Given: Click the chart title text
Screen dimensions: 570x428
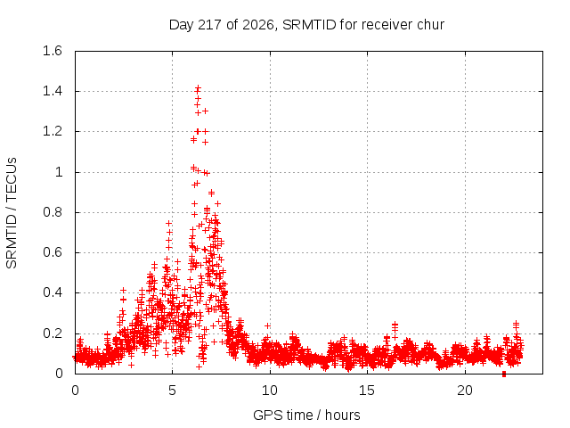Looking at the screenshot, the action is click(x=306, y=25).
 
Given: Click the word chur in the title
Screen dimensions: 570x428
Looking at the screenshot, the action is click(x=431, y=25).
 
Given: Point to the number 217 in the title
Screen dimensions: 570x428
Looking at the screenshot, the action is click(x=209, y=25).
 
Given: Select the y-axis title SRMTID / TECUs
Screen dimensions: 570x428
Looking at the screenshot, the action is click(x=12, y=213).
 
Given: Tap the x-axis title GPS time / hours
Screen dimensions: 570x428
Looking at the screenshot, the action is click(x=306, y=415).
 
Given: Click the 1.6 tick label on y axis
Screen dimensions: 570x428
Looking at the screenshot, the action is click(x=53, y=51).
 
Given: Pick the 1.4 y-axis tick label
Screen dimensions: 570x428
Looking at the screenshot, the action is click(x=53, y=91).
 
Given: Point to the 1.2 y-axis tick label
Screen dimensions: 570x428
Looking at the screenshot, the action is click(x=53, y=131).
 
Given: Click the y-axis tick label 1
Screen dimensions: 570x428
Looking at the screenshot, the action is click(x=59, y=172).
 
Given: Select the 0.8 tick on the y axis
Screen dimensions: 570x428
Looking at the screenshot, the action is click(x=53, y=212).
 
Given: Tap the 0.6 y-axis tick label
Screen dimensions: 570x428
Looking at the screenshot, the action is click(x=53, y=252).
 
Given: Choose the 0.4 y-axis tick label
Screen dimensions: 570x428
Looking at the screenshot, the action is click(x=53, y=292).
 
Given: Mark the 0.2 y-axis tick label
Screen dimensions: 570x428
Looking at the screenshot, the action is click(x=53, y=333).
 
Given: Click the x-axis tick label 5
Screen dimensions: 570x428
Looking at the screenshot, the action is click(x=172, y=391).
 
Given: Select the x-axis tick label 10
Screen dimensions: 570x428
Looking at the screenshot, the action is click(x=270, y=391).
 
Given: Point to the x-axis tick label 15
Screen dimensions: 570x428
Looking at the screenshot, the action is click(x=367, y=391).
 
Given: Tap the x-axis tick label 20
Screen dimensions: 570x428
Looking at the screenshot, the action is click(x=465, y=391).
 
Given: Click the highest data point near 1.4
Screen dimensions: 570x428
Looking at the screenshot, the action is click(x=198, y=87).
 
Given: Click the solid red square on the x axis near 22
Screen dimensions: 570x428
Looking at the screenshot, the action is click(x=504, y=374).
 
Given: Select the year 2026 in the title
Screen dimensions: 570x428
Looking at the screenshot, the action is click(x=257, y=25).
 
